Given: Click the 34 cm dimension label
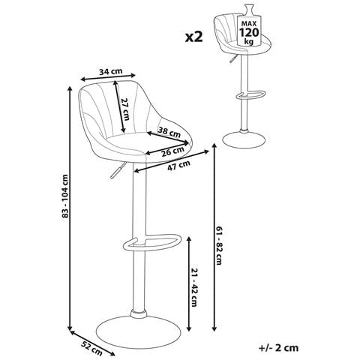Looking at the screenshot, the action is [x=111, y=71].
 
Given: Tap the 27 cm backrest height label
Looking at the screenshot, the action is [x=125, y=109].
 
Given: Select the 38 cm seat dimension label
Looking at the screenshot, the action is [x=169, y=132].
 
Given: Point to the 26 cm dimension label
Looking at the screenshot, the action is [x=172, y=151].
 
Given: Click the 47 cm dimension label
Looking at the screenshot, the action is [x=178, y=165].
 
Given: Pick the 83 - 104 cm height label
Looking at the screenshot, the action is [x=65, y=196].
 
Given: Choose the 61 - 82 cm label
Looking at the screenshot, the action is [x=219, y=245].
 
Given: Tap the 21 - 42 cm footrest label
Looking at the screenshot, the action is [x=194, y=287].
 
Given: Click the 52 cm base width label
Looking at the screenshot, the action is [x=92, y=348].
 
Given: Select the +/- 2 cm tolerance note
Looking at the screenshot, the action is [x=278, y=348].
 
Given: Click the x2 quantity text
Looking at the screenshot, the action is [x=193, y=37].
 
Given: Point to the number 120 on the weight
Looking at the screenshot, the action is [x=249, y=32].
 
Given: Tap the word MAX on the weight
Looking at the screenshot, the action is [x=249, y=24].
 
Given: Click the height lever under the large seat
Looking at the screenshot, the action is [x=117, y=170].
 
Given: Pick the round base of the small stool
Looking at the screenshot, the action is [x=244, y=139].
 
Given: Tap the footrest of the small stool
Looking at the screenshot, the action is [x=250, y=95].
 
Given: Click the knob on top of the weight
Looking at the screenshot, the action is [x=249, y=9].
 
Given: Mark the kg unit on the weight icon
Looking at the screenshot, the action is [x=249, y=41].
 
